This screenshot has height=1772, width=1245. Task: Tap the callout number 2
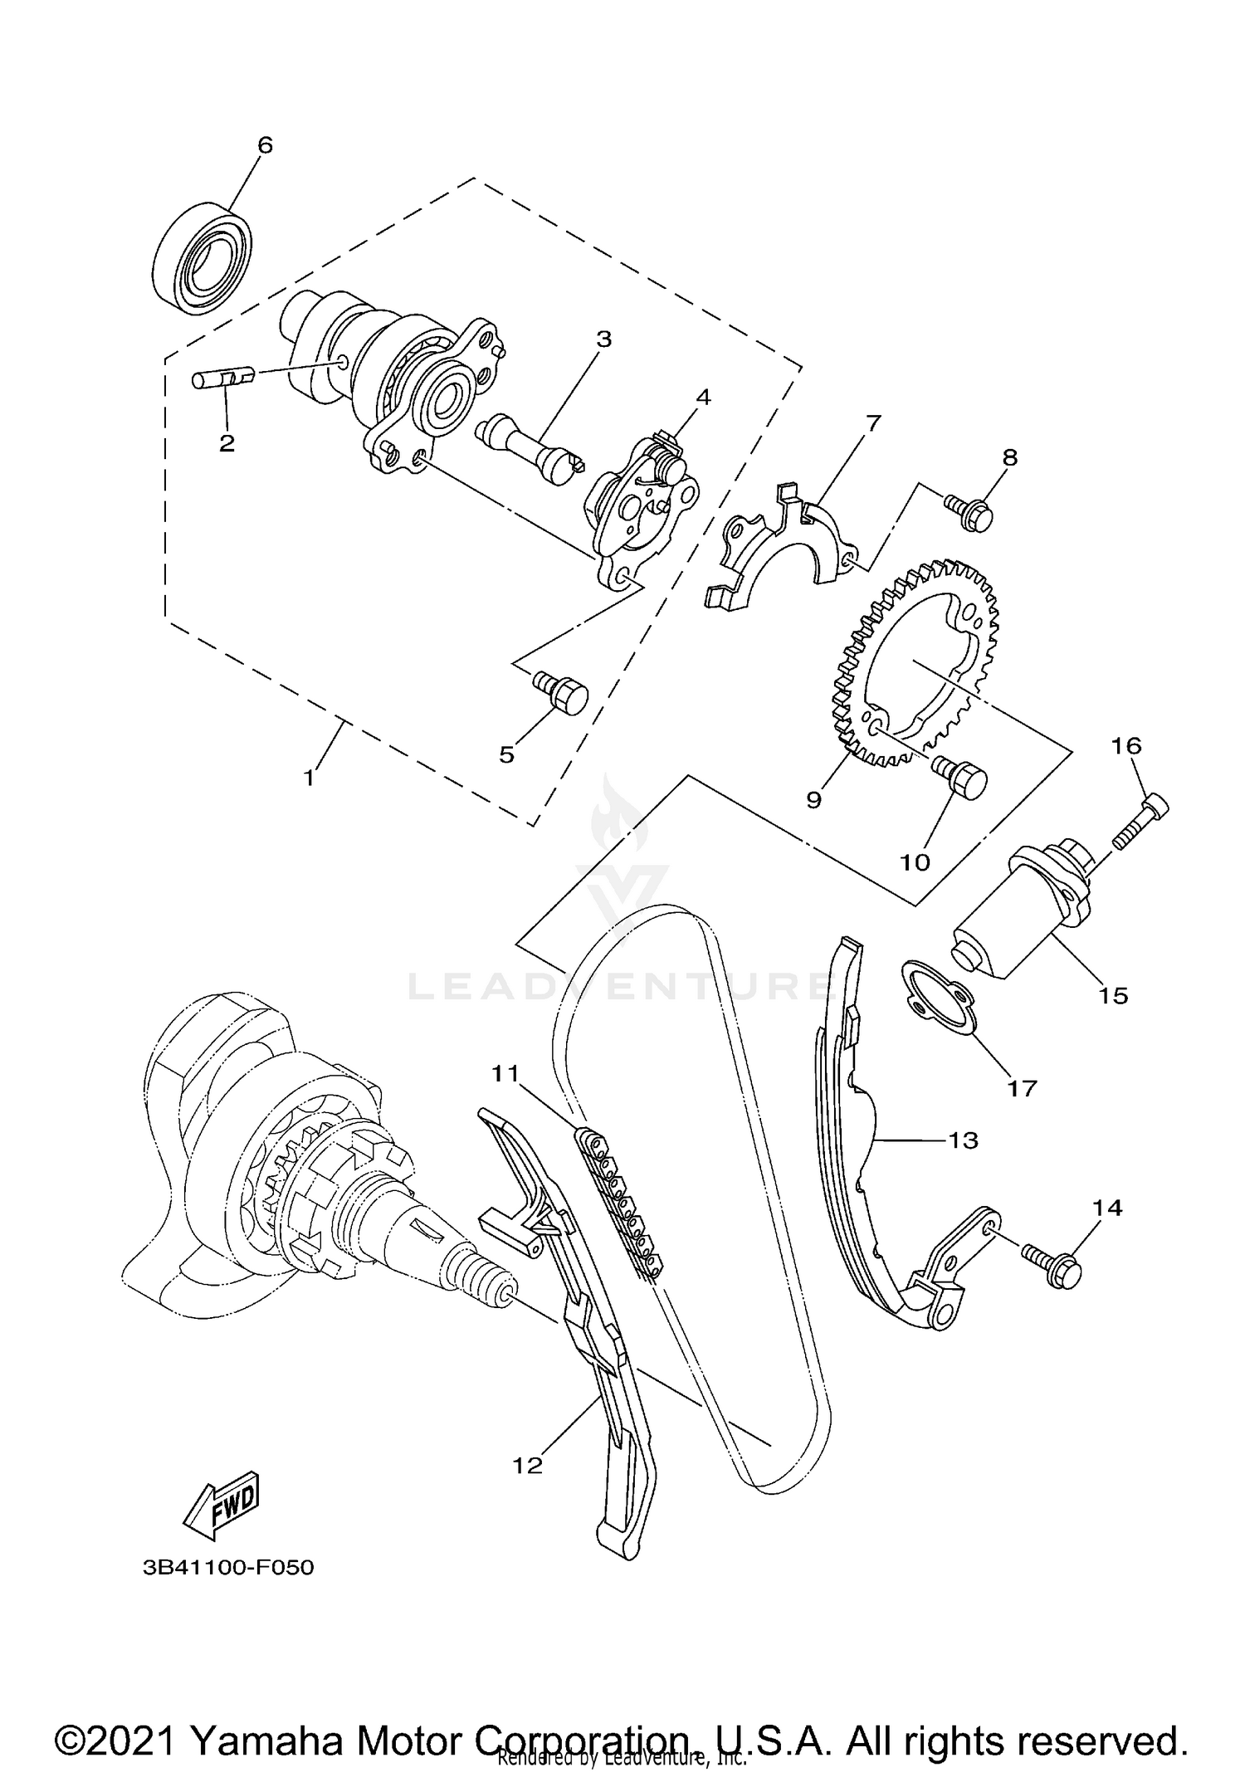click(227, 442)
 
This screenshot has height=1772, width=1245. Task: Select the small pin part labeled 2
click(221, 379)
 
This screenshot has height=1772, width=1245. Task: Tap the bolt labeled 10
click(961, 776)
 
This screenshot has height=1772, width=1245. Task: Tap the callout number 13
click(964, 1140)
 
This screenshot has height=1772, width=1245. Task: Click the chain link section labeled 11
click(621, 1195)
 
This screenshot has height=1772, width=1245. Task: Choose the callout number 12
click(527, 1465)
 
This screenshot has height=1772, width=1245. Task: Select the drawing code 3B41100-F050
click(228, 1568)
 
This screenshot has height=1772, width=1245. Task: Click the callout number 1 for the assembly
click(309, 778)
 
